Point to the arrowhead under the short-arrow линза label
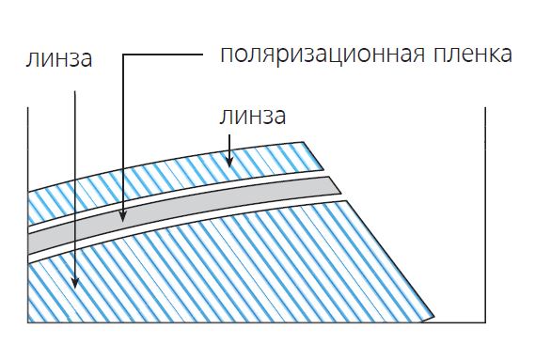pyautogui.click(x=228, y=162)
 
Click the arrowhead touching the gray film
pyautogui.click(x=123, y=217)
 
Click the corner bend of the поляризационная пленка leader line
pyautogui.click(x=123, y=55)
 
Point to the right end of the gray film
pyautogui.click(x=335, y=184)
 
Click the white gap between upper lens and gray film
pyautogui.click(x=188, y=191)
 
